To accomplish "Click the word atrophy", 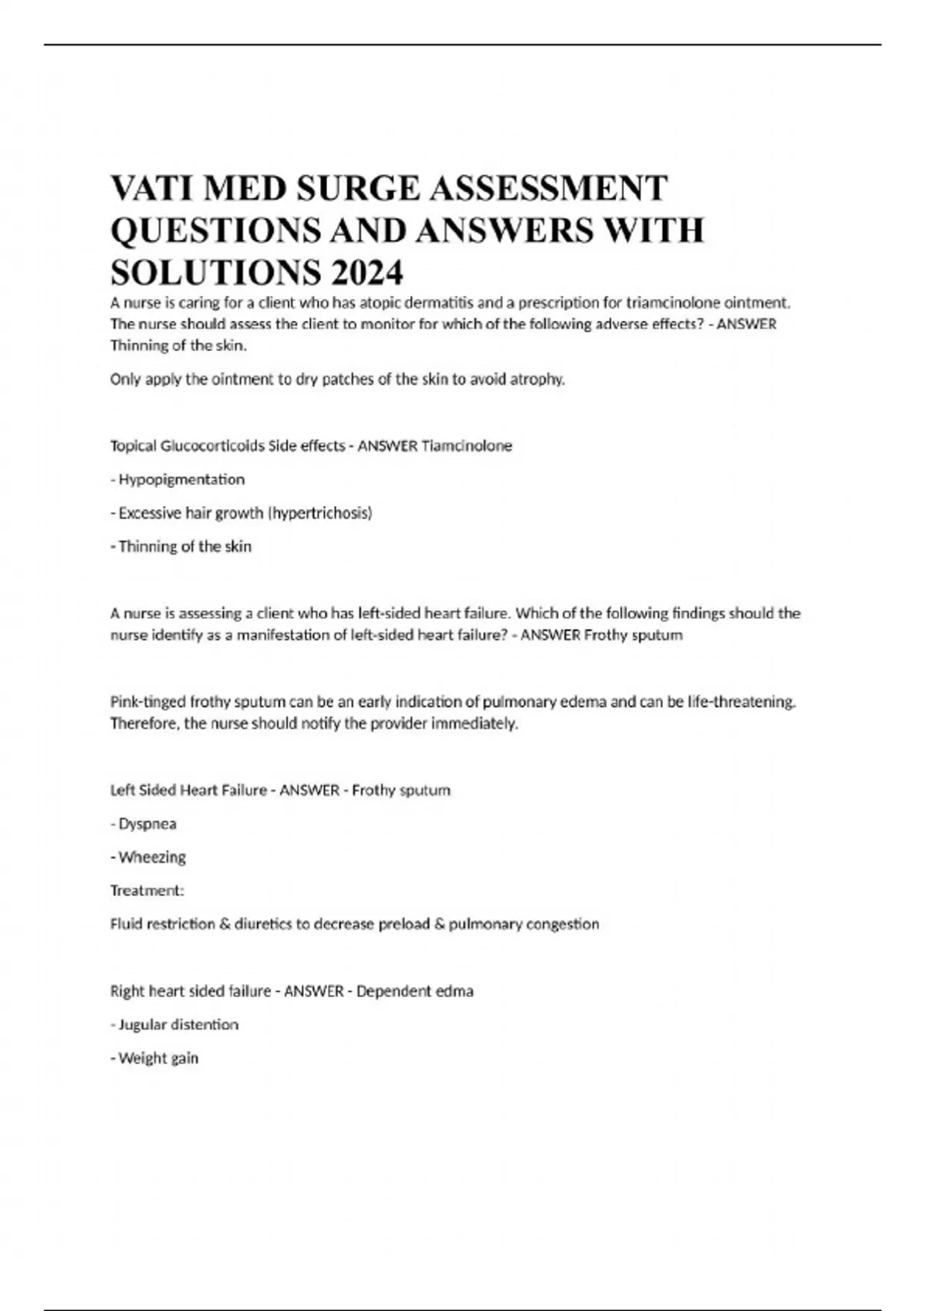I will click(538, 379).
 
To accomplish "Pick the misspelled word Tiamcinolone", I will click(467, 446).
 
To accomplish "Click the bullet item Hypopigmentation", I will click(181, 480).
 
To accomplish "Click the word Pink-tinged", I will click(147, 703).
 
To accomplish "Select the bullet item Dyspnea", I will click(147, 824).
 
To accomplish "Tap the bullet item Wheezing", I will click(152, 858).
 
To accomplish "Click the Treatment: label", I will click(147, 891).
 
